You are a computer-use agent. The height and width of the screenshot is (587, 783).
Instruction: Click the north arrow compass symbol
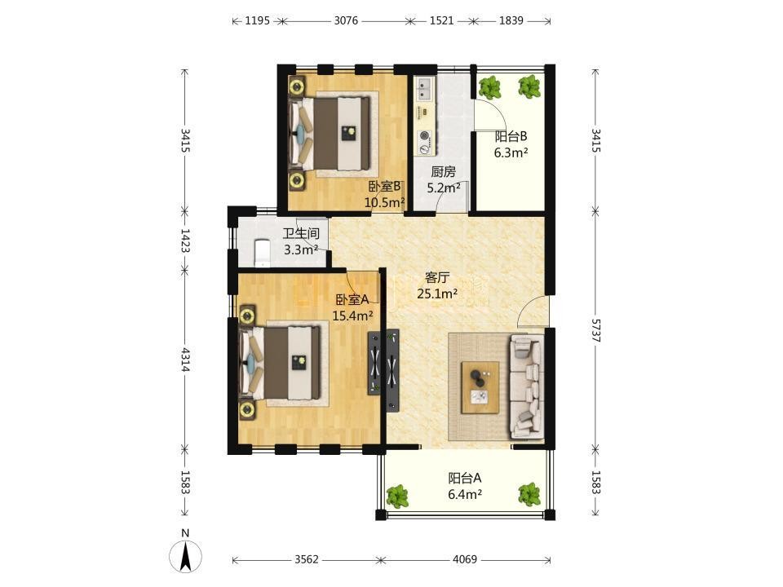(x=186, y=555)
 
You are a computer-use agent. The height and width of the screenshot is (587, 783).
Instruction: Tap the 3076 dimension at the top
(x=346, y=20)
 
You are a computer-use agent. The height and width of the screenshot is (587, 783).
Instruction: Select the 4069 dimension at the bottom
(x=465, y=559)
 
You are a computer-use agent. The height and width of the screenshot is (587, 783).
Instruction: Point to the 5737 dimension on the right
(x=595, y=330)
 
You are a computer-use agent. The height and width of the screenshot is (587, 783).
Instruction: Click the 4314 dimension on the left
(x=185, y=360)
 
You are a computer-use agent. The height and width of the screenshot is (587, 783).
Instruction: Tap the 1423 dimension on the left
(x=185, y=241)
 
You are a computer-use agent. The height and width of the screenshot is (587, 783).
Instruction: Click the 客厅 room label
(x=437, y=277)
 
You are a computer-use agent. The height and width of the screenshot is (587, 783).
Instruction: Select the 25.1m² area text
(x=437, y=293)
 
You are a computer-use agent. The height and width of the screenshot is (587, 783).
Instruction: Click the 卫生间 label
(x=301, y=234)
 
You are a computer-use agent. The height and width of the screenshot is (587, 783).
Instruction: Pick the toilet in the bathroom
(x=262, y=251)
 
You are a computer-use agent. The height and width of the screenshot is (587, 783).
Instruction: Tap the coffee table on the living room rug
(x=480, y=388)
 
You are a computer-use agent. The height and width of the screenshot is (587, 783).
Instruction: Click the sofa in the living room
(x=526, y=386)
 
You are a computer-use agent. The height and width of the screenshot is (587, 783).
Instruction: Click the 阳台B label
(x=511, y=136)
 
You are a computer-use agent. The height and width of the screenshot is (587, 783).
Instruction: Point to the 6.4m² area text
(x=465, y=495)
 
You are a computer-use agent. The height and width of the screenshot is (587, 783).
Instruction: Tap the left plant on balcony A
(x=397, y=496)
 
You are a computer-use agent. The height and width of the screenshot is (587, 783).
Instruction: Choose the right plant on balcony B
(x=529, y=87)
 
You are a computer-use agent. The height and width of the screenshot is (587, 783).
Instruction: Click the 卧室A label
(x=352, y=299)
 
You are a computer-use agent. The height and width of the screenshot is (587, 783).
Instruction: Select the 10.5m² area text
(x=384, y=203)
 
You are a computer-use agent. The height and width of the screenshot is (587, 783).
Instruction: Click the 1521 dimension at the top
(x=441, y=20)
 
